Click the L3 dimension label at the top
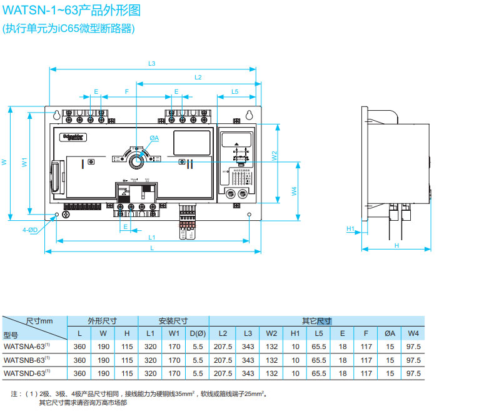[x=151, y=63]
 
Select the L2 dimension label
[x=198, y=78]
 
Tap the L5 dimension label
[x=234, y=92]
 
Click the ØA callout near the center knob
[x=154, y=138]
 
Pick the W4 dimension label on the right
[x=294, y=192]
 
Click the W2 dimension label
[x=274, y=156]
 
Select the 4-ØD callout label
[x=31, y=230]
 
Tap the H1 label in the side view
[x=350, y=229]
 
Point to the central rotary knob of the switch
[x=136, y=160]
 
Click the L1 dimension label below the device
[x=151, y=238]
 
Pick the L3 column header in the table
[x=248, y=333]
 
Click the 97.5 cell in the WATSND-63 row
[x=413, y=374]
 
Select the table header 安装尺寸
[x=174, y=320]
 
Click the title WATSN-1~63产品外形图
[x=72, y=10]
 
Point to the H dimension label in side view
[x=396, y=246]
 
